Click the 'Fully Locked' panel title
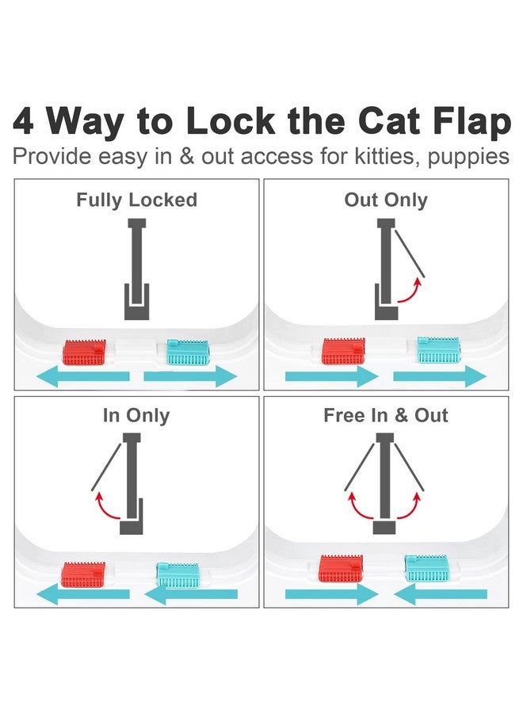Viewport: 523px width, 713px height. point(136,200)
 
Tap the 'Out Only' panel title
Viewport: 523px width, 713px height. point(386,200)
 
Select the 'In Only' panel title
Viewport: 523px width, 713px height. point(136,416)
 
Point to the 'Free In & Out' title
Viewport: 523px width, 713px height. point(386,415)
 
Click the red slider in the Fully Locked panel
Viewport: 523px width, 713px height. point(84,352)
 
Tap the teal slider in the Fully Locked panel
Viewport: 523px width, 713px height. point(188,353)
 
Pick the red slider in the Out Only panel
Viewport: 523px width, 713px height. point(343,351)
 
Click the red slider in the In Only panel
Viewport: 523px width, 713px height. point(83,574)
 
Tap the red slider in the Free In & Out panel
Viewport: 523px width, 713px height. point(341,568)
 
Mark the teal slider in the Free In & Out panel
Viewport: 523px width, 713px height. point(427,568)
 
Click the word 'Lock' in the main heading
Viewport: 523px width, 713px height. point(231,121)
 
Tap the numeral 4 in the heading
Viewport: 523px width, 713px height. point(23,121)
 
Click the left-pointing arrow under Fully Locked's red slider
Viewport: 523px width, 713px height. point(82,376)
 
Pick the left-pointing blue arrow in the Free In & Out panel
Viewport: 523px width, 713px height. point(441,594)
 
